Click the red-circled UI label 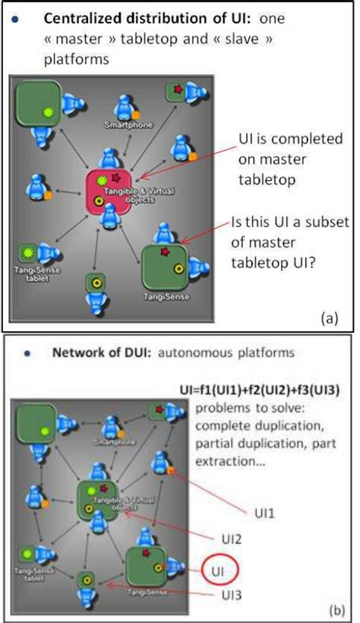(x=218, y=568)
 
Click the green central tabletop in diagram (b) (x=100, y=501)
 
